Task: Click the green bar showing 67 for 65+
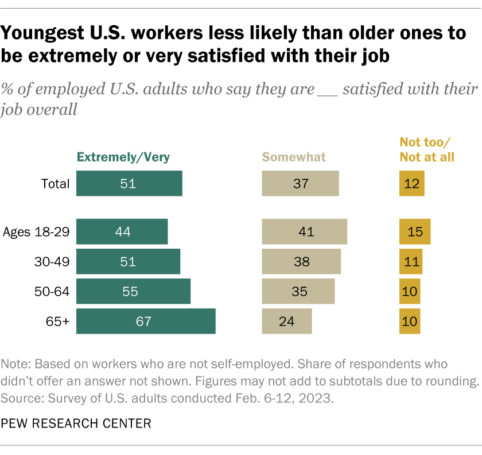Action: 146,321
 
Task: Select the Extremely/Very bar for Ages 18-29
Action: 122,232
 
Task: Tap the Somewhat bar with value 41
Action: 304,232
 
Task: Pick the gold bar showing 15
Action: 415,232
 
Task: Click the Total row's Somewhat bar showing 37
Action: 300,183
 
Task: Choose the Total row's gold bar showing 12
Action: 412,183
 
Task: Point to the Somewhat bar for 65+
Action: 287,321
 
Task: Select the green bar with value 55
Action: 133,291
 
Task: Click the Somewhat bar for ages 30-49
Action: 301,261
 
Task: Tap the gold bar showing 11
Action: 411,261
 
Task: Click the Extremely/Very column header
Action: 124,156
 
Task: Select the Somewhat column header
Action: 293,156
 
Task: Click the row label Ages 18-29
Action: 36,232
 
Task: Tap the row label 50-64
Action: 53,291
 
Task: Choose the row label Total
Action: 55,183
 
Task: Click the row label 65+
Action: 59,321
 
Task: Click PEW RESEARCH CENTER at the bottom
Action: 76,423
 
